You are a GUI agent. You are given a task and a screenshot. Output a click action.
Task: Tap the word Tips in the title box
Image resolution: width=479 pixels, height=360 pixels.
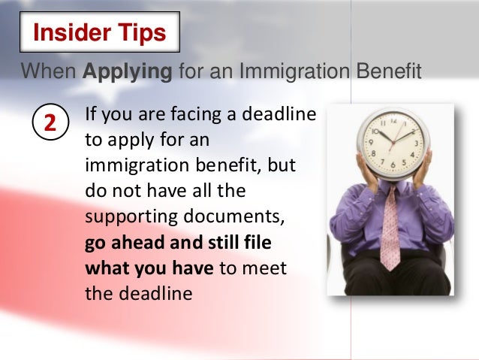point(138,34)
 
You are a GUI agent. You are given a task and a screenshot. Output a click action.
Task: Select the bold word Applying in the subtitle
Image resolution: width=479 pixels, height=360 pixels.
point(126,72)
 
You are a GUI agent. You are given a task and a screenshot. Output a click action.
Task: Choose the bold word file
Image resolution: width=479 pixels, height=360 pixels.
point(258,244)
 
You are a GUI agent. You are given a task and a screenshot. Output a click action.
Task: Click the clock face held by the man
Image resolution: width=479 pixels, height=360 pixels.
point(392,141)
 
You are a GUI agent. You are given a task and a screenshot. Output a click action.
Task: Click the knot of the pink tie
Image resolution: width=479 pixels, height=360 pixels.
point(390,191)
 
